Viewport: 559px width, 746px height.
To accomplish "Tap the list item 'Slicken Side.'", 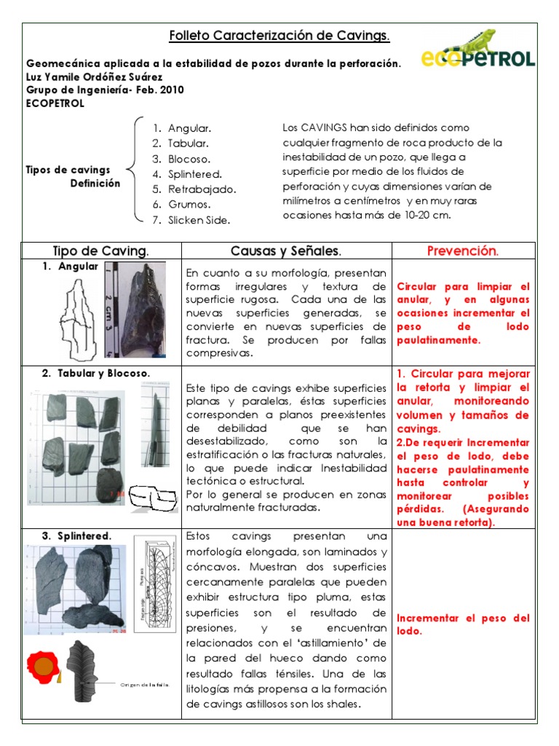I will click(199, 220).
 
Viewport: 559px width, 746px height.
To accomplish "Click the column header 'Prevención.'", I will click(462, 251).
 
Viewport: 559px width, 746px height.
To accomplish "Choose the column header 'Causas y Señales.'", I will click(285, 251).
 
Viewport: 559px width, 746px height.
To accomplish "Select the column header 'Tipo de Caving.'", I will click(101, 251).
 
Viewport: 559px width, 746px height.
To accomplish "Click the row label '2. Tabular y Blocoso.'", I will click(95, 373).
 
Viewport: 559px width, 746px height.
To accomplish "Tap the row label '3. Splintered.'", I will click(76, 536).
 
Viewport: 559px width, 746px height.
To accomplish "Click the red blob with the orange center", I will click(44, 666).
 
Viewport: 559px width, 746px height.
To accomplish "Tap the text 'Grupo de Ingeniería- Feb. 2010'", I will click(105, 90).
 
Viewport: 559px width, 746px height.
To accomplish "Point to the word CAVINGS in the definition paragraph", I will click(322, 128).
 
